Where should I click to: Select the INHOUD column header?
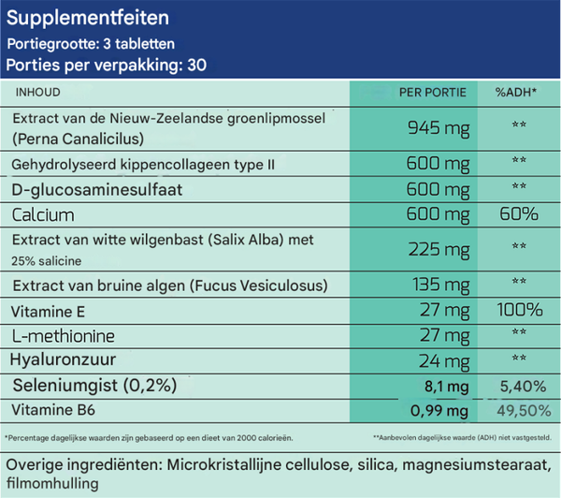click(x=38, y=93)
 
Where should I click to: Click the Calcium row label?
click(x=43, y=214)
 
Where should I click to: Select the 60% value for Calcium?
click(x=519, y=214)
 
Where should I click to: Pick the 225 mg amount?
click(x=439, y=249)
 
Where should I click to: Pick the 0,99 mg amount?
click(x=439, y=409)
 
